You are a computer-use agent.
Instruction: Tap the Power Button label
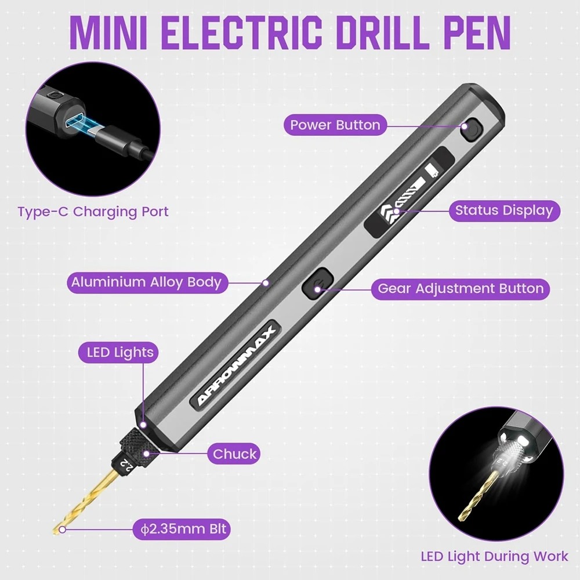(x=335, y=125)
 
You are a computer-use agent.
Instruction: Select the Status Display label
(x=503, y=210)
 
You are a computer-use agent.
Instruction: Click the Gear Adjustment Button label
(x=461, y=288)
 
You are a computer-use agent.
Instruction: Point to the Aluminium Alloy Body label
(x=146, y=282)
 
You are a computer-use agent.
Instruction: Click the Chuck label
(x=234, y=454)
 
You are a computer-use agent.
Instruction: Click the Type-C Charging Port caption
(x=93, y=211)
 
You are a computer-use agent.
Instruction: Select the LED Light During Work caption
(x=494, y=556)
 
